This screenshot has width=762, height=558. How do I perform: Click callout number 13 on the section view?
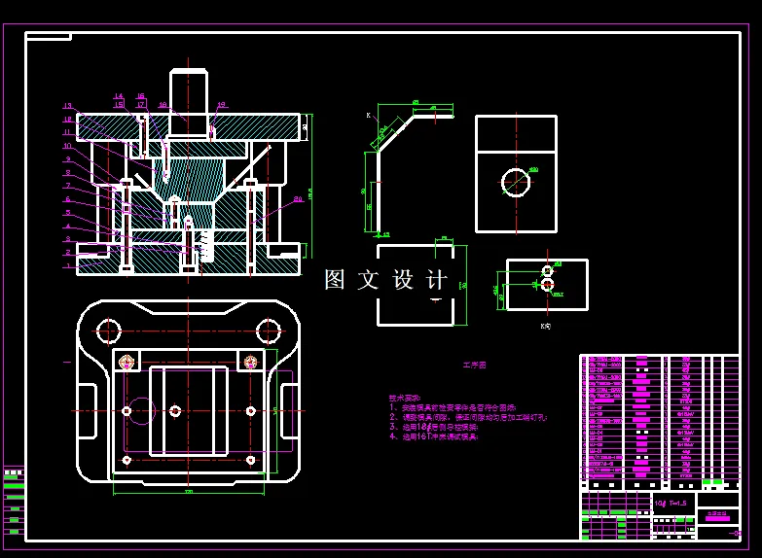tap(68, 106)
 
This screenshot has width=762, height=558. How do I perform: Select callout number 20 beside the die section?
tap(298, 199)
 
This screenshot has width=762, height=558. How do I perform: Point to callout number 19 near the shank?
tap(222, 105)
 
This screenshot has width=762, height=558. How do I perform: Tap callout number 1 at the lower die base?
tap(68, 265)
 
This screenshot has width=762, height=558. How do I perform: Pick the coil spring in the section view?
tap(205, 246)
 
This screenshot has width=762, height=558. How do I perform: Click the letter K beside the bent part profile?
tap(369, 116)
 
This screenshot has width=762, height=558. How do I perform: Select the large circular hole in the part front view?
tap(516, 182)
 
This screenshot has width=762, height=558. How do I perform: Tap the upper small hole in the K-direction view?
tap(547, 270)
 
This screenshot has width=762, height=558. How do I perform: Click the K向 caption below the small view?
tap(546, 326)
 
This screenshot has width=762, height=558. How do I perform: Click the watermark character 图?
tap(335, 280)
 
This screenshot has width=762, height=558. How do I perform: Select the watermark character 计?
tap(437, 280)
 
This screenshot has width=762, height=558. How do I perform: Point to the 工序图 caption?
tap(474, 366)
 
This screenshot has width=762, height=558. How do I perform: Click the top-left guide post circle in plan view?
tap(109, 330)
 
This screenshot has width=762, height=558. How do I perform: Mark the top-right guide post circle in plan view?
tap(267, 330)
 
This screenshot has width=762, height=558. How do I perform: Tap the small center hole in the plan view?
tap(175, 410)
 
